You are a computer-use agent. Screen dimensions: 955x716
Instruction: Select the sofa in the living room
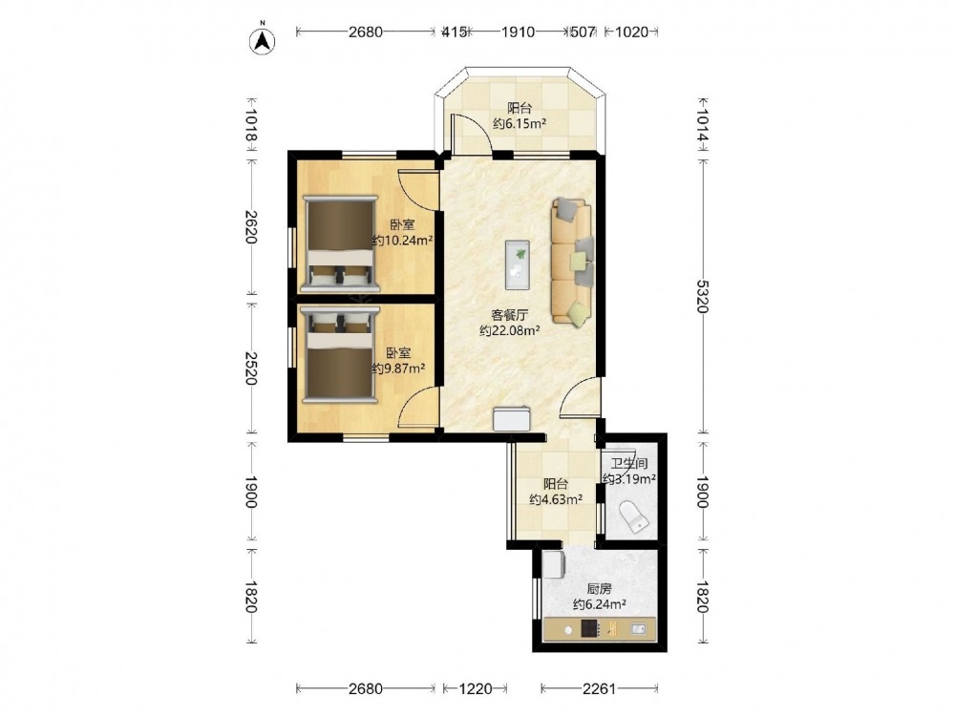(572, 261)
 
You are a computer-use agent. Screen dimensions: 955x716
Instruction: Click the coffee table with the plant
(517, 264)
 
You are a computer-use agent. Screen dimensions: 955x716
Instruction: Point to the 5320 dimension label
(702, 297)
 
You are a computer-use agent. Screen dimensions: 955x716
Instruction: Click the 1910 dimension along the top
(518, 32)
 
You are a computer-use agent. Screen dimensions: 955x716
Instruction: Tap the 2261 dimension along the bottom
(600, 688)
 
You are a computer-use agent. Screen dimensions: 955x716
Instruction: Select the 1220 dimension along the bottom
(475, 688)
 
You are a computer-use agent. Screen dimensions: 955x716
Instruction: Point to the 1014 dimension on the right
(702, 126)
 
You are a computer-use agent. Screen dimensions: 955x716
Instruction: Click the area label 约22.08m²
(510, 331)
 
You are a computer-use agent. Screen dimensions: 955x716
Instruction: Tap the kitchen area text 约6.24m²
(600, 604)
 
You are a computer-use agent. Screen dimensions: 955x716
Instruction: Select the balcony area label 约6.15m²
(519, 123)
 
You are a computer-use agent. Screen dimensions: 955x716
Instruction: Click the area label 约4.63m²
(556, 500)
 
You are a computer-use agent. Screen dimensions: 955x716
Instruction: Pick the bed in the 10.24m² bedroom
(340, 243)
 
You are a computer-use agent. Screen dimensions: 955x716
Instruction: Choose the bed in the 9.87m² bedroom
(340, 354)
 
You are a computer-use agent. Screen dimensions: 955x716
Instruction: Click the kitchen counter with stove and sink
(600, 629)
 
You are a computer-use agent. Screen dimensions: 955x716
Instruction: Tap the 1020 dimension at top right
(631, 32)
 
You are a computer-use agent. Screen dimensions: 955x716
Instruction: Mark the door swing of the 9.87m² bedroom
(419, 407)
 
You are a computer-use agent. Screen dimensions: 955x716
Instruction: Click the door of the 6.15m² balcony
(470, 133)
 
